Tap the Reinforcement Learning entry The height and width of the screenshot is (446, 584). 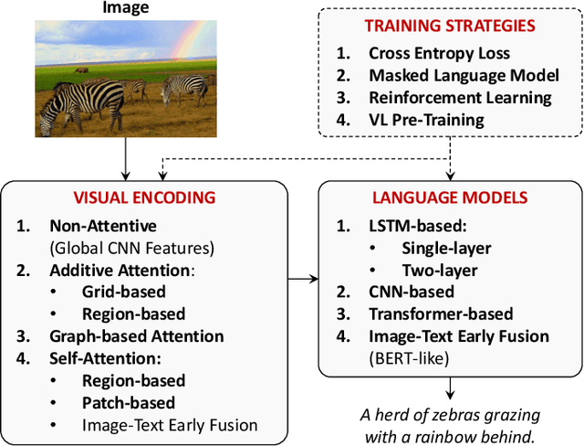(460, 97)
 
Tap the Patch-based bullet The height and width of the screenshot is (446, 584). (128, 402)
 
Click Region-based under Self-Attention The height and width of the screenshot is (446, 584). (133, 380)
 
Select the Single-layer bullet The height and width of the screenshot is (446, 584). (446, 248)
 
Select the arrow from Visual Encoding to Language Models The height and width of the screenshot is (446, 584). (303, 273)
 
